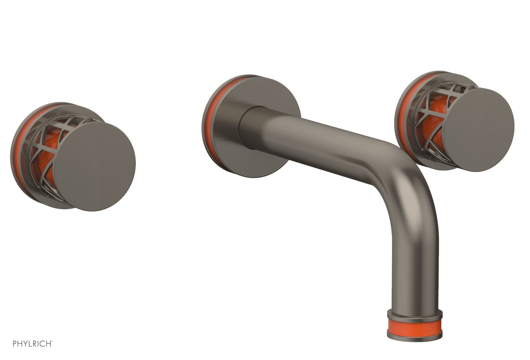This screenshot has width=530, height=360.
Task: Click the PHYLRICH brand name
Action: tap(33, 344)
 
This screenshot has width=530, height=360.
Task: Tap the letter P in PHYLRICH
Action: tap(15, 344)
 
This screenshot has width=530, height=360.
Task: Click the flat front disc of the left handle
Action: tap(95, 166)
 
